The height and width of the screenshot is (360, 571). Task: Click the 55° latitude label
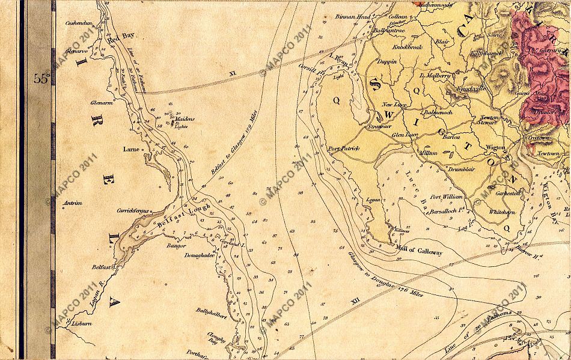click(x=41, y=79)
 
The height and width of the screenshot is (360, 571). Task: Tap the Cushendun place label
click(x=78, y=23)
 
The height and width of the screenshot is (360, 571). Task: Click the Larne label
click(x=130, y=148)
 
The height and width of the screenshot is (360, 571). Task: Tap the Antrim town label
click(x=72, y=203)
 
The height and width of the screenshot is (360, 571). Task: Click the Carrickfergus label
click(x=132, y=211)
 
